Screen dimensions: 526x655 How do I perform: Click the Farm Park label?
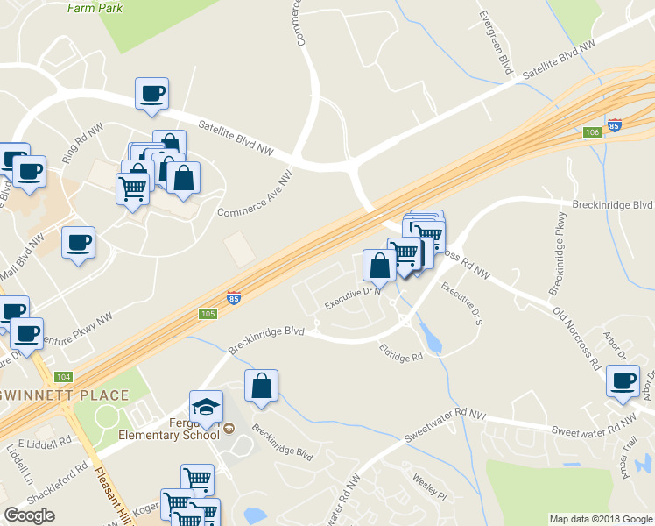point(95,8)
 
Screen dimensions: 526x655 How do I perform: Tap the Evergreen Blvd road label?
point(494,41)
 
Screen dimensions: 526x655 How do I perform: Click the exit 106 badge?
point(593,132)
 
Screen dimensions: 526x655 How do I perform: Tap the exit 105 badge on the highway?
point(208,314)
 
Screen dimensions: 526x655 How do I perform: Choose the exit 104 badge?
point(62,376)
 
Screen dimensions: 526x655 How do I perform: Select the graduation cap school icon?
point(206,407)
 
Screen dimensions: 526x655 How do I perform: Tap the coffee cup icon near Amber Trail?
point(623,381)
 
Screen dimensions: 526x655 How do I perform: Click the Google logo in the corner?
point(29,515)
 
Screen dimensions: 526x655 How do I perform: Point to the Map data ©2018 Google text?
point(600,519)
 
